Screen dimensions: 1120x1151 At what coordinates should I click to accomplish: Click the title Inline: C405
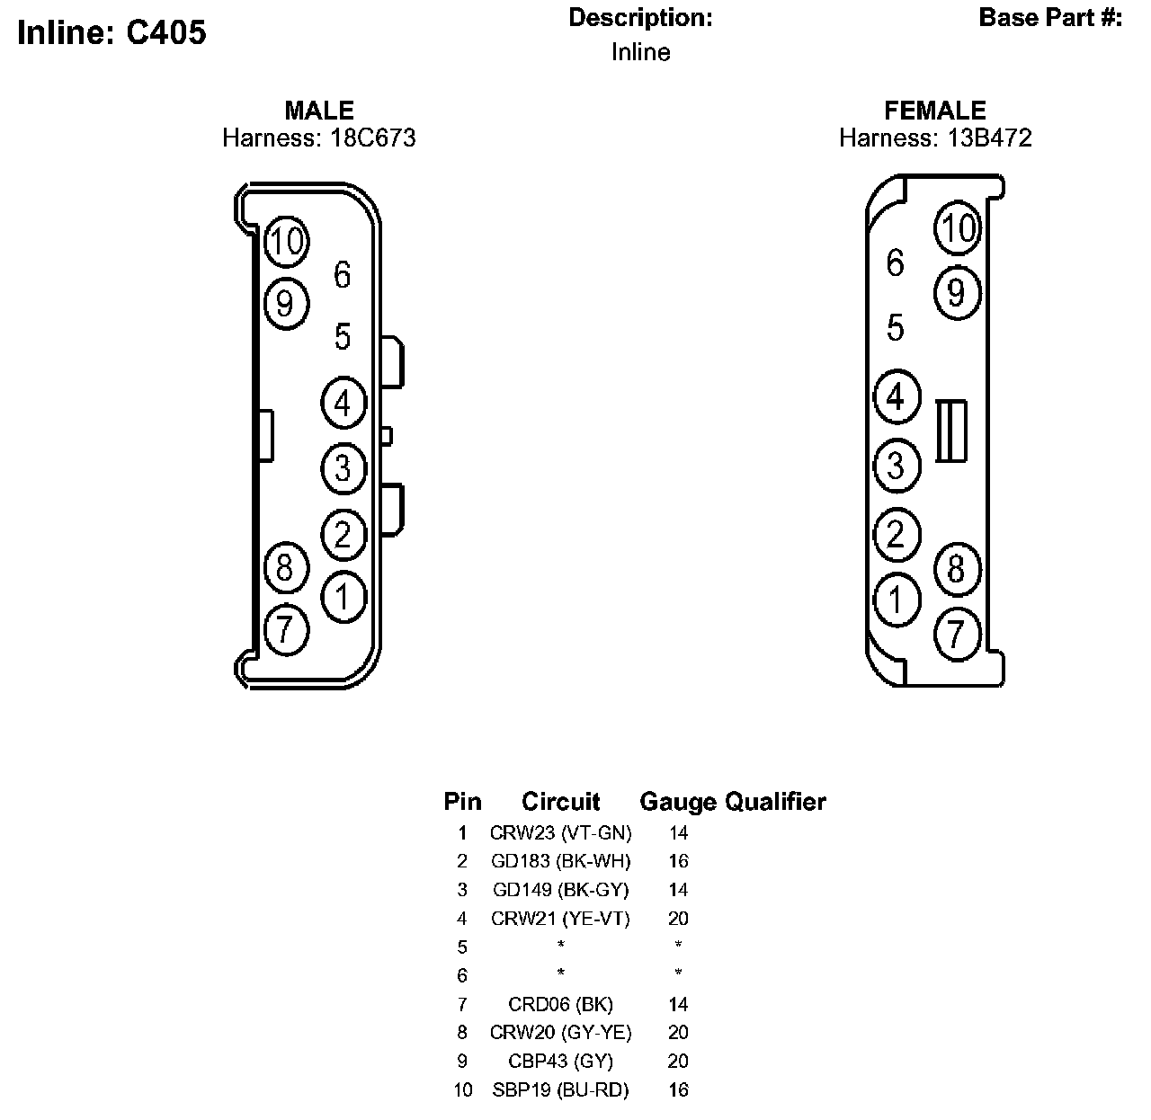(112, 32)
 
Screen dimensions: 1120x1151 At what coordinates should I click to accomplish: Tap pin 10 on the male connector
(287, 241)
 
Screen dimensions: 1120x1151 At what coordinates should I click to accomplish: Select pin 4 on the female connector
(896, 396)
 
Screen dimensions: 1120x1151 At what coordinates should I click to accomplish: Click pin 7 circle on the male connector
(286, 628)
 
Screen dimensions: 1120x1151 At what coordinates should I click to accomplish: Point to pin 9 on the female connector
(957, 292)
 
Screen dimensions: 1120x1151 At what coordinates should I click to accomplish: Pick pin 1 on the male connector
(344, 595)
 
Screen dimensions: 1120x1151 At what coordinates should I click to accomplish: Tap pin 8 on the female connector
(957, 568)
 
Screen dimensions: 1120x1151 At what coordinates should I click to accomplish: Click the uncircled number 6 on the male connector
(342, 275)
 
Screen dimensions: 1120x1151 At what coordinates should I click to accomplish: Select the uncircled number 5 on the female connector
(895, 328)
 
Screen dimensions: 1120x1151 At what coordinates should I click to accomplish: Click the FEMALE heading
(935, 111)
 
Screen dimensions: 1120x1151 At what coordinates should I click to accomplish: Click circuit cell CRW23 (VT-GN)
(560, 832)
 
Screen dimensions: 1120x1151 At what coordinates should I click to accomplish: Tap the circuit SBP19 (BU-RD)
(560, 1090)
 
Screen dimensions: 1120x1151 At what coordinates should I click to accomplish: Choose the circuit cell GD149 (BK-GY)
(560, 890)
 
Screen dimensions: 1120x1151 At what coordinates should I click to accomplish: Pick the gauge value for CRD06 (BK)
(678, 1004)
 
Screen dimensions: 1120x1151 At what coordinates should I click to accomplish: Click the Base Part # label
(1050, 18)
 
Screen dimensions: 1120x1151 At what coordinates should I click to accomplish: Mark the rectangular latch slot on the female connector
(951, 431)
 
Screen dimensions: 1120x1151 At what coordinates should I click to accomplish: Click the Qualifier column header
(775, 801)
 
